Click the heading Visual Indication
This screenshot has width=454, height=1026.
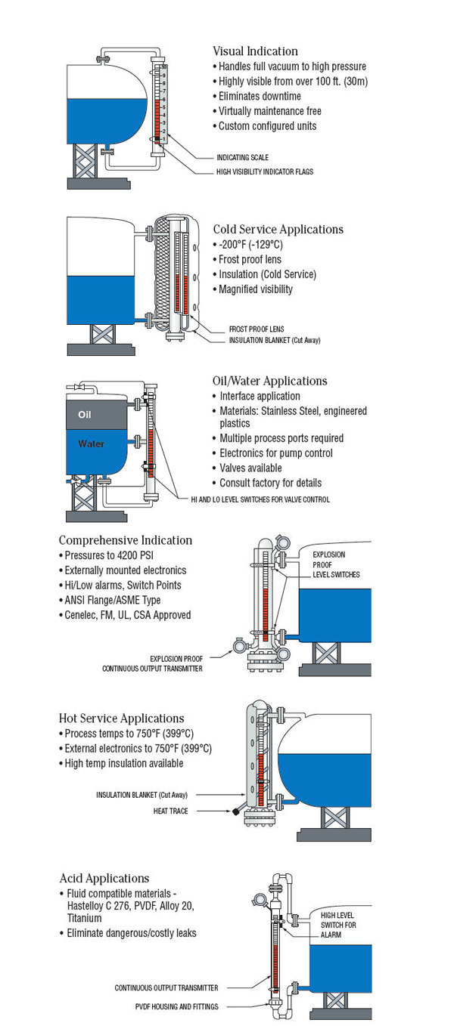pos(255,51)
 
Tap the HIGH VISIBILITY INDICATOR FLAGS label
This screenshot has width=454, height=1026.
pos(264,172)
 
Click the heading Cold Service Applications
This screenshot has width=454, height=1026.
pos(278,229)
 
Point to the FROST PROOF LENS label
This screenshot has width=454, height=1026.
pos(257,329)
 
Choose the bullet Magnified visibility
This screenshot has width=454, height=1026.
pos(256,289)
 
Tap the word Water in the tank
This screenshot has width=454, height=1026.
pos(91,444)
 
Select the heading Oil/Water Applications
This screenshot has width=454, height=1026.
pos(270,381)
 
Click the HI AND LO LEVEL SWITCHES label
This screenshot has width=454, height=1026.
pos(256,499)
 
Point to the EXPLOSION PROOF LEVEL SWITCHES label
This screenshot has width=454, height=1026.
pos(336,564)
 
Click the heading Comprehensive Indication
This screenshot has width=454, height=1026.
pos(126,540)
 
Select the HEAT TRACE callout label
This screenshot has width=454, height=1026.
pos(170,811)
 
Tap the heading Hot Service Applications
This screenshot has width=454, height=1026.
pos(121,719)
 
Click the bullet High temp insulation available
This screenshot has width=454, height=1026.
pos(123,764)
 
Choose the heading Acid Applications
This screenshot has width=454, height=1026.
pos(104,878)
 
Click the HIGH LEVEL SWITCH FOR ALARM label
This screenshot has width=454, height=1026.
pos(337,925)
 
